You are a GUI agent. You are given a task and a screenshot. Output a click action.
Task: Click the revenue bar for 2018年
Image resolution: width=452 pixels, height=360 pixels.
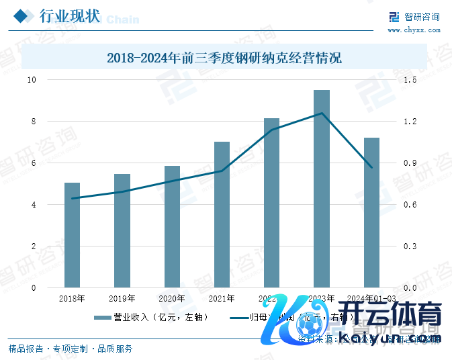(x=72, y=235)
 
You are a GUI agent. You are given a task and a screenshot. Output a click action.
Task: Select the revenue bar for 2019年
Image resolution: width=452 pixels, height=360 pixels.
(x=122, y=230)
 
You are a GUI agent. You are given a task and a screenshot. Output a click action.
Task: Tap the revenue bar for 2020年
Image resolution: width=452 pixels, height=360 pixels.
(x=172, y=226)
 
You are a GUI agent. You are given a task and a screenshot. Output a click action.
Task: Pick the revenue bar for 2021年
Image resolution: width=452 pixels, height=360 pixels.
(x=222, y=214)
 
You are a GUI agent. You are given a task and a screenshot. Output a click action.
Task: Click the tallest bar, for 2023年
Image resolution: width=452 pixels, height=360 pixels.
(x=322, y=189)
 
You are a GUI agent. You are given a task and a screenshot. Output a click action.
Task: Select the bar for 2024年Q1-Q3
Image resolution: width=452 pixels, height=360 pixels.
(x=371, y=212)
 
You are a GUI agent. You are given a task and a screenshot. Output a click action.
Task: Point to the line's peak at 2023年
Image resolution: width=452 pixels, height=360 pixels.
(x=322, y=113)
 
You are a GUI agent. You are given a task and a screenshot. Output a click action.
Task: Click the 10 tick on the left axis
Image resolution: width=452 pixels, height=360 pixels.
(x=31, y=80)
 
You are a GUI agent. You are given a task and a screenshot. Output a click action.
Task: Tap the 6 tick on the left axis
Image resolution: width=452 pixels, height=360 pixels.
(x=32, y=163)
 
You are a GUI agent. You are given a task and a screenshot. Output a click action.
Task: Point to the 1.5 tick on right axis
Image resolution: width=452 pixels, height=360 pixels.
(x=411, y=80)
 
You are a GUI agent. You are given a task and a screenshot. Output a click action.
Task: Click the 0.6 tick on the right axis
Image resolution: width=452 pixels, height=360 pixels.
(x=411, y=205)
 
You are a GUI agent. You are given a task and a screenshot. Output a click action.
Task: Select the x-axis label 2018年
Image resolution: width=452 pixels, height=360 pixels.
(x=72, y=298)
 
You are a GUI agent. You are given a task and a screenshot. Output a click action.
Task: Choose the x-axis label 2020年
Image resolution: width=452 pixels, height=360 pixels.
(x=172, y=298)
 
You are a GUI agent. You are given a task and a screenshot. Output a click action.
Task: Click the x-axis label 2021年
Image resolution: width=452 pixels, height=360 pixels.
(x=222, y=298)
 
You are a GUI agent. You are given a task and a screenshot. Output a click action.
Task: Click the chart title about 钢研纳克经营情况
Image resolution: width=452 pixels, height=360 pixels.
(x=224, y=58)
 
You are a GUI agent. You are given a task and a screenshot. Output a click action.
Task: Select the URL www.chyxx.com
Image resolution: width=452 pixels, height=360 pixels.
(x=413, y=30)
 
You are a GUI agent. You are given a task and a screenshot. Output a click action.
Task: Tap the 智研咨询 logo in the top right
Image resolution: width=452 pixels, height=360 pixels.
(x=414, y=17)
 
